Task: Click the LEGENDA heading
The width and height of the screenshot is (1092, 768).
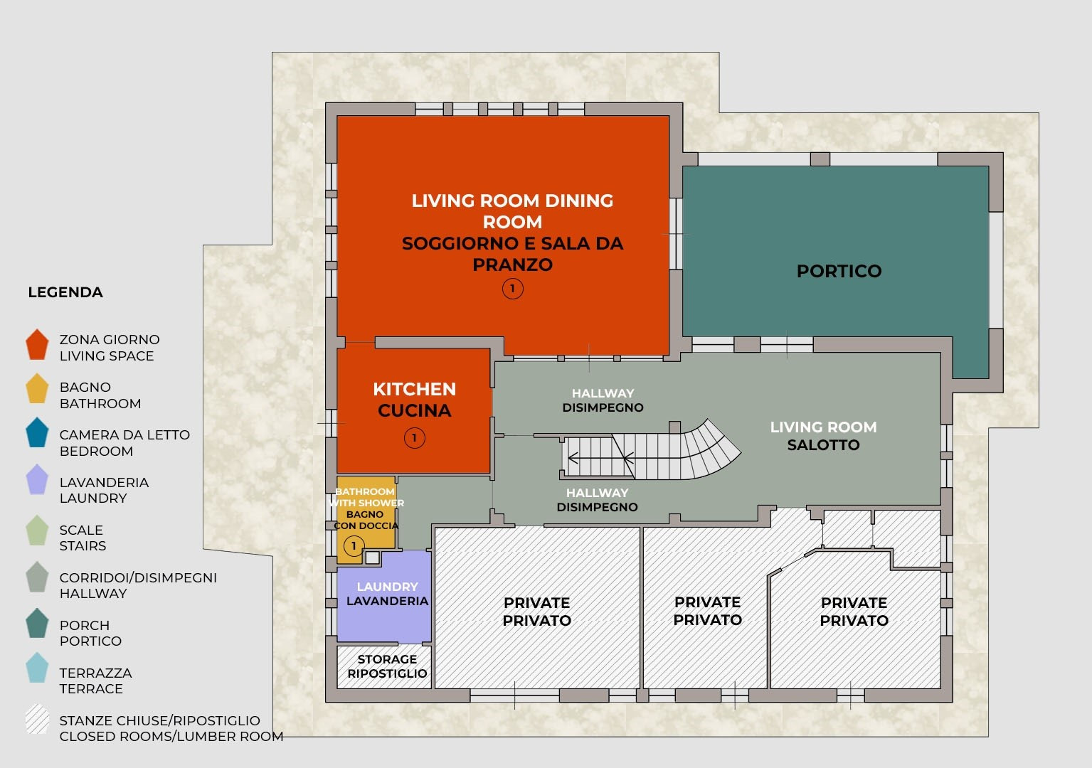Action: tap(65, 292)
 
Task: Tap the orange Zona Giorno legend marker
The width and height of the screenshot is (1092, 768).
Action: tap(37, 345)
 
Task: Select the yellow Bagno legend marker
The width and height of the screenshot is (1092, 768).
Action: tap(37, 388)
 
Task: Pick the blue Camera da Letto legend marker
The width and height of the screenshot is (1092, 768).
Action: tap(37, 433)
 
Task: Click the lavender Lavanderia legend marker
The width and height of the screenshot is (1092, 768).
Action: tap(37, 479)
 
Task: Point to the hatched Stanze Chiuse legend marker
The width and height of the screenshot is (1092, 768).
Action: tap(37, 719)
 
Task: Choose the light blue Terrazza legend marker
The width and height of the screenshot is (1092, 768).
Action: tap(37, 668)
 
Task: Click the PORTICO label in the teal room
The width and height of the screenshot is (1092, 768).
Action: tap(839, 271)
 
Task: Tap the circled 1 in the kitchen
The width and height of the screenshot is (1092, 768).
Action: tap(414, 437)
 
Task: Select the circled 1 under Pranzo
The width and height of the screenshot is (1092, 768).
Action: tap(512, 289)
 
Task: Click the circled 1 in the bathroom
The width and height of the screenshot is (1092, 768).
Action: tap(354, 546)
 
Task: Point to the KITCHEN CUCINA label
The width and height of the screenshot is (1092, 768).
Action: tap(414, 400)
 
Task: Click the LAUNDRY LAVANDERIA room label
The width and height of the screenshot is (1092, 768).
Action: tap(388, 594)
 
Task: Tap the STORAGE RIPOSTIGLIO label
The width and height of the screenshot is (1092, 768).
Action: tap(387, 666)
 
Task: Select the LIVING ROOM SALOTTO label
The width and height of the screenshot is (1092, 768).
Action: tap(823, 436)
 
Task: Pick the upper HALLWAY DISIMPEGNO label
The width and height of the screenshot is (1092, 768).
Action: tap(603, 400)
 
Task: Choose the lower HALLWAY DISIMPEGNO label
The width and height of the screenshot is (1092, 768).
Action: tap(597, 500)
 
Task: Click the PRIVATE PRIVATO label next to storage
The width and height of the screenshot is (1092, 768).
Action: tap(536, 612)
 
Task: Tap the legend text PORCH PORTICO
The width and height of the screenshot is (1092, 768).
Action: tap(90, 633)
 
